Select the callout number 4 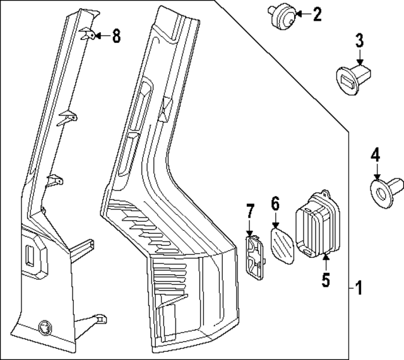376,153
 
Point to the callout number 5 326,278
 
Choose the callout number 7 249,211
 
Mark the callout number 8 116,37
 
